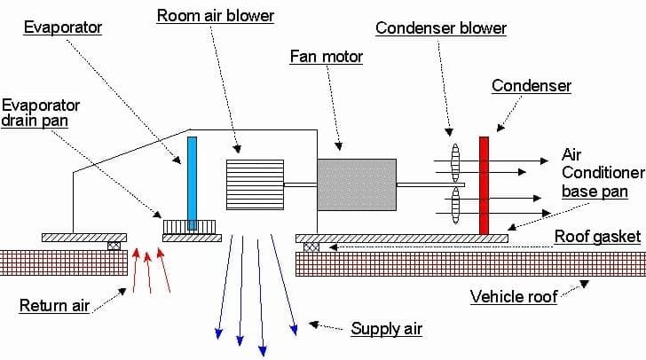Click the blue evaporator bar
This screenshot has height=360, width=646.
coord(192,182)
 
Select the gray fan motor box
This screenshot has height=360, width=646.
coord(356,184)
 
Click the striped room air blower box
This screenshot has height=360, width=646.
coord(255,184)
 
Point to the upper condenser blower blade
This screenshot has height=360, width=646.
coord(455,163)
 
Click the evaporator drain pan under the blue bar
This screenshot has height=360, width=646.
coord(191,227)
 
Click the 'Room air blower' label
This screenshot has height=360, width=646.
coord(216,16)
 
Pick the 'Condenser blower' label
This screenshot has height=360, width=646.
coord(441,28)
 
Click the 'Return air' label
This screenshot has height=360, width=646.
coord(54,306)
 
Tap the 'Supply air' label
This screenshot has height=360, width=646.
coord(386,329)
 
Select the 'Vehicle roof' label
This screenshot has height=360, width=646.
coord(514,296)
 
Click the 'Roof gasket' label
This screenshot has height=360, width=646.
coord(595,236)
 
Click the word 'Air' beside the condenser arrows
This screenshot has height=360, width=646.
coord(571,153)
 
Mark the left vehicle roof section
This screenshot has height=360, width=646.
coord(62,263)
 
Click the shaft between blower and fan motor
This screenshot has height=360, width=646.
coord(300,184)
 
